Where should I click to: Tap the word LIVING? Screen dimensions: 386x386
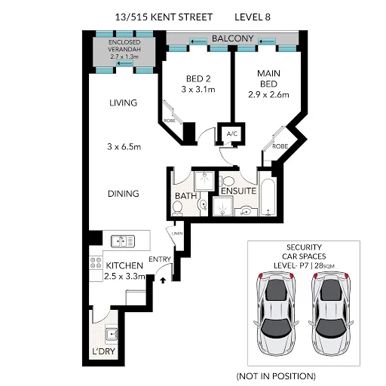[x=124, y=103]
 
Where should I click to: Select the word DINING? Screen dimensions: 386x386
[x=123, y=194]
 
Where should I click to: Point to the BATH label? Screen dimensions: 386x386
[x=185, y=196]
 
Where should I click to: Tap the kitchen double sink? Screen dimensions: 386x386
[x=122, y=241]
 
